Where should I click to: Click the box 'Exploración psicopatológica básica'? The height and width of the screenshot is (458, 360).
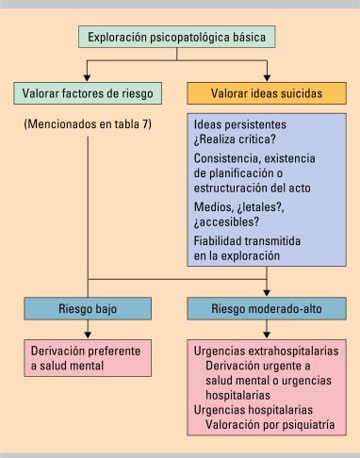[176, 37]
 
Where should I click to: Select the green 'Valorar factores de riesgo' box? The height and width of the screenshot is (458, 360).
[88, 93]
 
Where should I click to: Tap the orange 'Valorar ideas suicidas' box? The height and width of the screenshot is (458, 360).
[267, 93]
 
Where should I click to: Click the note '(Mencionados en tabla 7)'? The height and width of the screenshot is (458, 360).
[88, 124]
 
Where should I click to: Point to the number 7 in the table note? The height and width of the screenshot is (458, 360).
[145, 123]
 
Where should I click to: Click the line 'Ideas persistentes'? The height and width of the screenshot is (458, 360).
[240, 124]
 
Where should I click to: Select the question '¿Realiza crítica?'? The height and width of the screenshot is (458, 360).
[235, 139]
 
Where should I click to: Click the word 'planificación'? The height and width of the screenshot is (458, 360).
[241, 173]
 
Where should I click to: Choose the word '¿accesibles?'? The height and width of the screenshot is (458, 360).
[226, 222]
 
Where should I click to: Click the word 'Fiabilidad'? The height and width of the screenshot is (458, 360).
[218, 241]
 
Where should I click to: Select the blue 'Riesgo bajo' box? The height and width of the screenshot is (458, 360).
[88, 308]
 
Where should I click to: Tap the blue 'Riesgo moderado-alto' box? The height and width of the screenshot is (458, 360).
[267, 308]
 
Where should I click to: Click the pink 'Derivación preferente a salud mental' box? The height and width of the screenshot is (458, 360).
[88, 358]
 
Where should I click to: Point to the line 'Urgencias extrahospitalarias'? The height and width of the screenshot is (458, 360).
[266, 351]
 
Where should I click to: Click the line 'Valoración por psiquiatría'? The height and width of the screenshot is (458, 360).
[270, 425]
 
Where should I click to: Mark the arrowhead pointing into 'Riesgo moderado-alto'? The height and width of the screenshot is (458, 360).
[267, 293]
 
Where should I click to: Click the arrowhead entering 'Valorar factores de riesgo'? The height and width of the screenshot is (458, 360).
[87, 77]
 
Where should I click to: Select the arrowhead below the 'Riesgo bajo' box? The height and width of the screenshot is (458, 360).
[88, 335]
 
